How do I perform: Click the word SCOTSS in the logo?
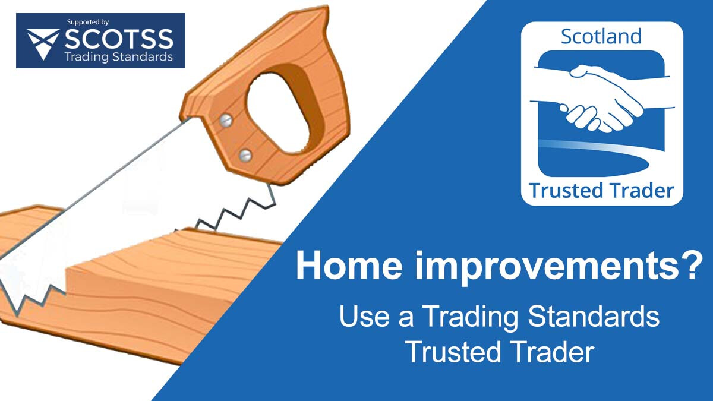click(119, 39)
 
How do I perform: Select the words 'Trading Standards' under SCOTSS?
click(119, 57)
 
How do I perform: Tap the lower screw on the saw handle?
click(244, 156)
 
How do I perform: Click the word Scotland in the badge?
click(601, 37)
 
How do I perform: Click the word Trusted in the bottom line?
click(450, 352)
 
